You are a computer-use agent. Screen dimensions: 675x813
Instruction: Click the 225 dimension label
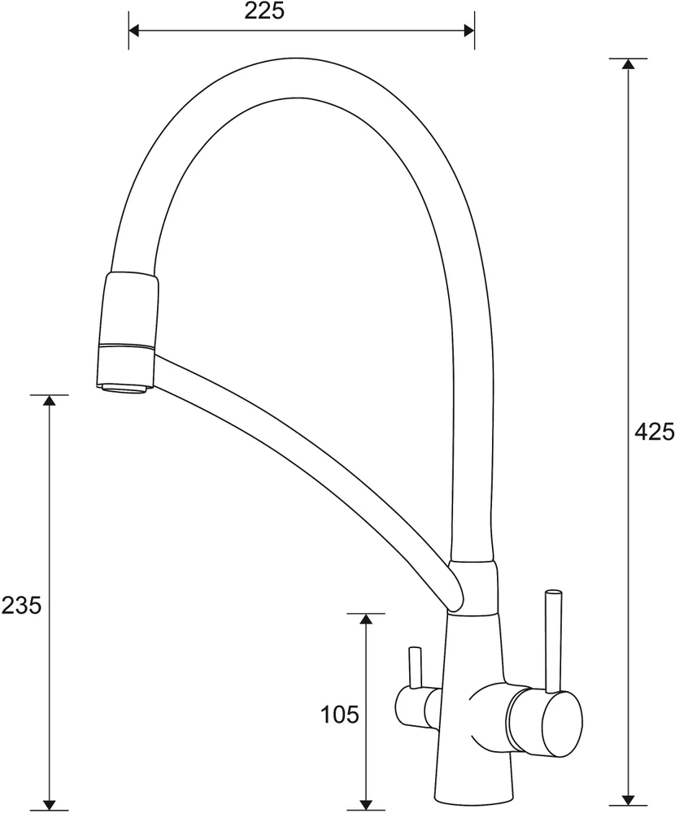click(264, 11)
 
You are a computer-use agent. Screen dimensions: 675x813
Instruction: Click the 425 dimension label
click(654, 432)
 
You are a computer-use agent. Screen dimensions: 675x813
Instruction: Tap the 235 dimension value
click(21, 605)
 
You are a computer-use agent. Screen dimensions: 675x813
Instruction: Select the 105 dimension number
click(340, 715)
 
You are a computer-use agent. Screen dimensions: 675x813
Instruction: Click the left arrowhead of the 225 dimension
click(134, 31)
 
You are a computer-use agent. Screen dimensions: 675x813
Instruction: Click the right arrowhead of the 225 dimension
click(469, 31)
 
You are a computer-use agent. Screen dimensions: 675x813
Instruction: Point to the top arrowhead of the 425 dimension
click(629, 64)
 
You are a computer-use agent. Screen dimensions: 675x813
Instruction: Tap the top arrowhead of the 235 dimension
click(50, 400)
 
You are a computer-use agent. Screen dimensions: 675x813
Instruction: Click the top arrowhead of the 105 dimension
click(366, 620)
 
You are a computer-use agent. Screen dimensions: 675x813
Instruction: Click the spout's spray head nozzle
click(128, 328)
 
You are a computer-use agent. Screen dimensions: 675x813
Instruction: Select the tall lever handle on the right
click(552, 641)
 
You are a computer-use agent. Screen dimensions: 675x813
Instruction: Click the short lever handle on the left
click(415, 667)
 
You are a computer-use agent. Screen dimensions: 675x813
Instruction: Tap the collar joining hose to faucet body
click(474, 587)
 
